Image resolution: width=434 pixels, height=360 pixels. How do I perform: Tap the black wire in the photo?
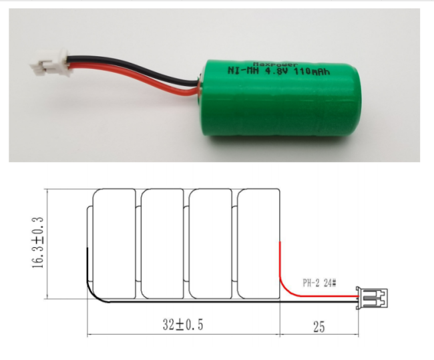point(133,66)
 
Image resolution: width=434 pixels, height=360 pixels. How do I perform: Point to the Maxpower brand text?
point(276,64)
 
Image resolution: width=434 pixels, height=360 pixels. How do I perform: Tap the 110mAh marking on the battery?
point(312,71)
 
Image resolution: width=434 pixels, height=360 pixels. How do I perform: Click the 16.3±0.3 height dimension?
point(38,242)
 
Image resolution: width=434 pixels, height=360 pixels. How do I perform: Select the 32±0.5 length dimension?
point(183,325)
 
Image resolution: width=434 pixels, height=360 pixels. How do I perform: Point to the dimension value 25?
point(319,327)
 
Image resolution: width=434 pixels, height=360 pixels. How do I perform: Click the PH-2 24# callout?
point(319,283)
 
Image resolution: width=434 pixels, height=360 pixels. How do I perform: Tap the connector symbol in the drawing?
point(372,298)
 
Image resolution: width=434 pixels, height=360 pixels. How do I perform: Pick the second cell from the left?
point(162,244)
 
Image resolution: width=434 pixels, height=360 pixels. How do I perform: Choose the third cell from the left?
point(210,244)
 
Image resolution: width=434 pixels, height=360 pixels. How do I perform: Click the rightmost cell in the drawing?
point(258,244)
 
